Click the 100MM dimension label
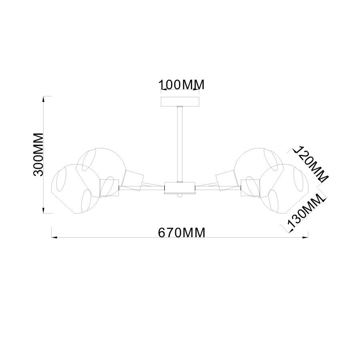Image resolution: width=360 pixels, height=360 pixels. tap(182, 85)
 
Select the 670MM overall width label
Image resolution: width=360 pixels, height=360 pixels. tap(182, 232)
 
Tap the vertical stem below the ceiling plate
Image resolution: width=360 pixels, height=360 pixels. tap(180, 144)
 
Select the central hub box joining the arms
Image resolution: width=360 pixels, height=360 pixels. tap(180, 188)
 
